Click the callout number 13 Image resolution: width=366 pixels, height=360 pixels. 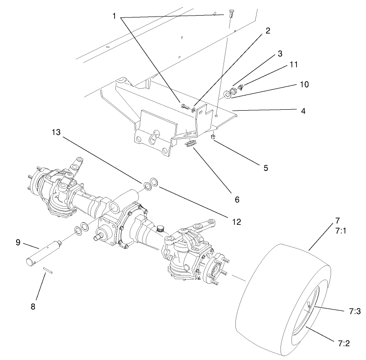coord(56,133)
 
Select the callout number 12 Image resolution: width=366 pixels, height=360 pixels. coord(236,222)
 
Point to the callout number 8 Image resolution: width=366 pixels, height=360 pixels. coord(33,305)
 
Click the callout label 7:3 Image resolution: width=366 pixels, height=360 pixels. coord(354,311)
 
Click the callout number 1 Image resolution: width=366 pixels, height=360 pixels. coord(114,16)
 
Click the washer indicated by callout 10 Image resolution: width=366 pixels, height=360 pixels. coord(228,95)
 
